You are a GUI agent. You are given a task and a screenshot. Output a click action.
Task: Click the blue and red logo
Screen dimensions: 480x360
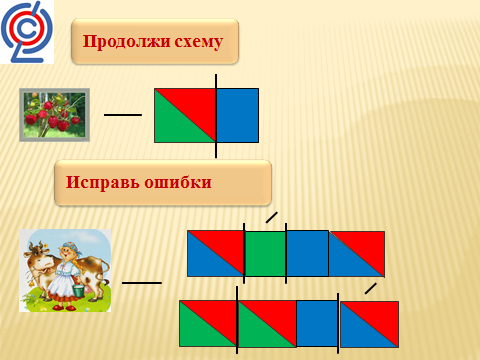pos(27,32)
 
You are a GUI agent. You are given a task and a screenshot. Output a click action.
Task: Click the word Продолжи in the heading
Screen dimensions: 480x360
pos(126,42)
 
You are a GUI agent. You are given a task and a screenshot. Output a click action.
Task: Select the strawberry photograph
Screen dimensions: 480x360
pos(54,115)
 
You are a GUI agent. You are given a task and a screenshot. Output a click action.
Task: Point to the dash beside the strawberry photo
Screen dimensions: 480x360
pos(123,115)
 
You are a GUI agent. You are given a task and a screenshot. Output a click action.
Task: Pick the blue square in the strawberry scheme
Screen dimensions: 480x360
pos(237,115)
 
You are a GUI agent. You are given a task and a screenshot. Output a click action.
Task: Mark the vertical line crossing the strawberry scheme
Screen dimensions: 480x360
pos(216,116)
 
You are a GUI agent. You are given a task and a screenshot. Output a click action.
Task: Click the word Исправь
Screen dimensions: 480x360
pos(102,183)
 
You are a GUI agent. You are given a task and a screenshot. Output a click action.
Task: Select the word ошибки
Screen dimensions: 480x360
pos(178,183)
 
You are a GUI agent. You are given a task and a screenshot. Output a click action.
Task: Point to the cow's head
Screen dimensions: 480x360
pos(37,257)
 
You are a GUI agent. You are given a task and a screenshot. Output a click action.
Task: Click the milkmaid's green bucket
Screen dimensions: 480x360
pos(79,290)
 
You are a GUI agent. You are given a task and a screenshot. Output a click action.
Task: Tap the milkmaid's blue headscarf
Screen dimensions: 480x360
pos(71,247)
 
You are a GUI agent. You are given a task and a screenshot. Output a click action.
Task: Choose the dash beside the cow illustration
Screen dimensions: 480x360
pos(142,283)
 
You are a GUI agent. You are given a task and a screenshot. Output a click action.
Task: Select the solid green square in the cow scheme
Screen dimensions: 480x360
pos(265,254)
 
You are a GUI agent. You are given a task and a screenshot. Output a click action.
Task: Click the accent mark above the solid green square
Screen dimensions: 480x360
pos(272,217)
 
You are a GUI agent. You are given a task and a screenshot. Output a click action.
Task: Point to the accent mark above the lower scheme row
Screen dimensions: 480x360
pos(371,289)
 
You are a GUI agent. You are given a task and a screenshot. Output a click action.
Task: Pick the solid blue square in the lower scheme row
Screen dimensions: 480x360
pos(317,323)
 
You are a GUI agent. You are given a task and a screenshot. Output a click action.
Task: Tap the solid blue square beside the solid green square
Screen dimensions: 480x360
pos(307,253)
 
